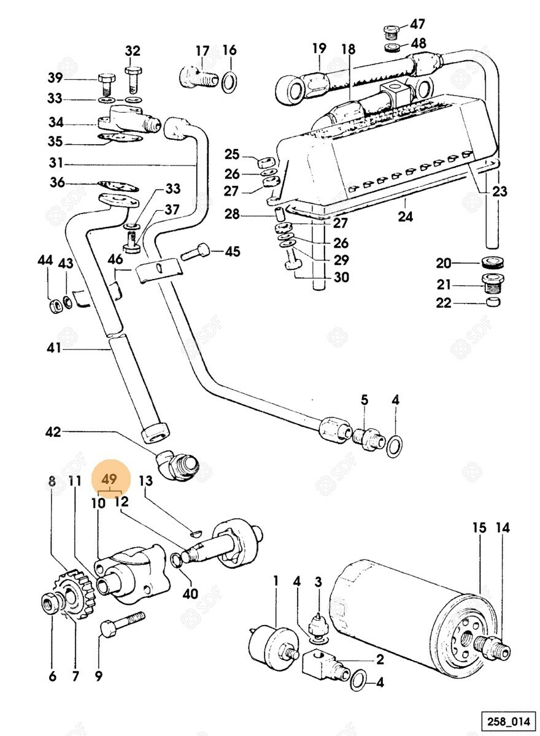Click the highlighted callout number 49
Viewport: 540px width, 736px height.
111,479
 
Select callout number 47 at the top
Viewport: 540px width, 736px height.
417,25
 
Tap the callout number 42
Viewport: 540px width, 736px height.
53,432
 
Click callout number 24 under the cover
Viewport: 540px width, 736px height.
405,217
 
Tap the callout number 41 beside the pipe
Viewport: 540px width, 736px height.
54,348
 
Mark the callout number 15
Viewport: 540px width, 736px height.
479,527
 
